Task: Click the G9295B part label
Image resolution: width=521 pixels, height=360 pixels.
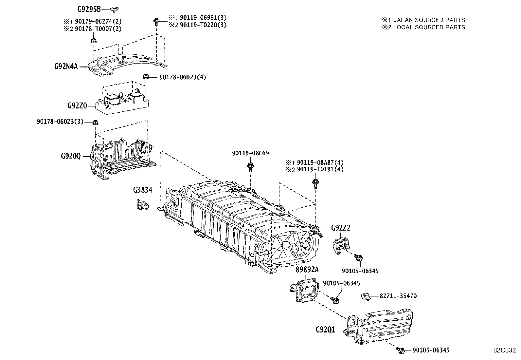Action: (x=89, y=9)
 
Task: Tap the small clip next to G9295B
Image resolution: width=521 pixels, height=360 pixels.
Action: (x=115, y=9)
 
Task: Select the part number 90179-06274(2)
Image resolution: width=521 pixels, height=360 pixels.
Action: (x=98, y=21)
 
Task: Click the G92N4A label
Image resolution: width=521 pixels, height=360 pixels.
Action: (x=66, y=66)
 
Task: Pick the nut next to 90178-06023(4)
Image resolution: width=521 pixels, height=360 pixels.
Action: (x=146, y=76)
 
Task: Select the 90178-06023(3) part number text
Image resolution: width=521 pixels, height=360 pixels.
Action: (x=60, y=121)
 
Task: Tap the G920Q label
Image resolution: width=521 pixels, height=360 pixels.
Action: (x=71, y=156)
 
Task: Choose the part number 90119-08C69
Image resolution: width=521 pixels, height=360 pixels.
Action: (x=250, y=153)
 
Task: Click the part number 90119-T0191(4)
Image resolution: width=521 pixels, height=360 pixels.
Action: (x=320, y=169)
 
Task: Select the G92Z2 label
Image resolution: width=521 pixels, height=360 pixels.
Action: (x=341, y=228)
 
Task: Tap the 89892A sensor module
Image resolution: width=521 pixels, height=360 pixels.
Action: (x=304, y=290)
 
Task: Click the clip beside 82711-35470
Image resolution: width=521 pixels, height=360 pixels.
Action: (x=366, y=296)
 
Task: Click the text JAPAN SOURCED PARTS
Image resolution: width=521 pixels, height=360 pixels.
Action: (x=429, y=20)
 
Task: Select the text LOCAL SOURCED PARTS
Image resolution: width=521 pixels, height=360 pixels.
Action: (x=429, y=27)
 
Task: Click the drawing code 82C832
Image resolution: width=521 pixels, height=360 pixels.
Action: (x=505, y=350)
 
